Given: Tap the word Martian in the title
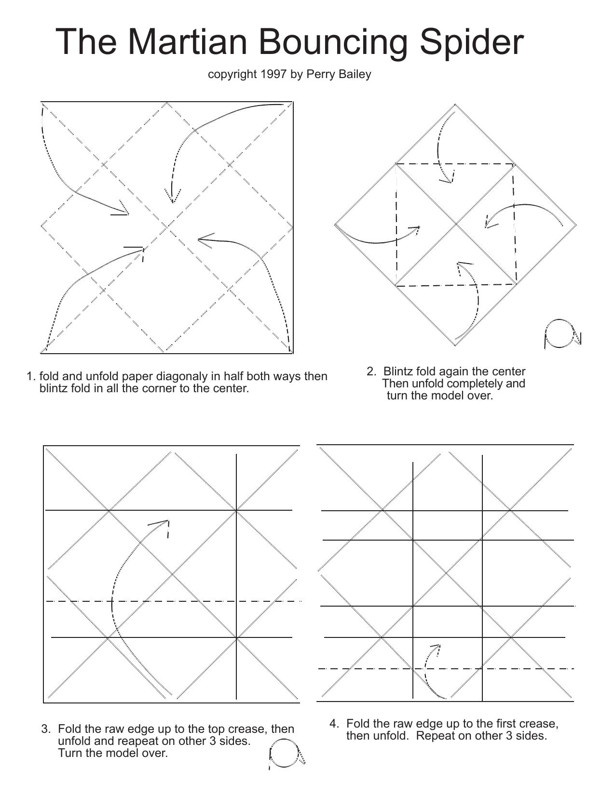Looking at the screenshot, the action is (x=188, y=42).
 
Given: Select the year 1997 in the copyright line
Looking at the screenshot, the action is (x=273, y=74).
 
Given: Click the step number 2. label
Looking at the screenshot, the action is (x=371, y=371).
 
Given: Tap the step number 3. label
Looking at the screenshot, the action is (x=46, y=729).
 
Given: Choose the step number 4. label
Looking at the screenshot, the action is (x=334, y=723).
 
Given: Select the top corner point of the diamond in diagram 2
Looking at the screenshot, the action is (x=455, y=105).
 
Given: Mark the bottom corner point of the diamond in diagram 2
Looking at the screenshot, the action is (x=455, y=345).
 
